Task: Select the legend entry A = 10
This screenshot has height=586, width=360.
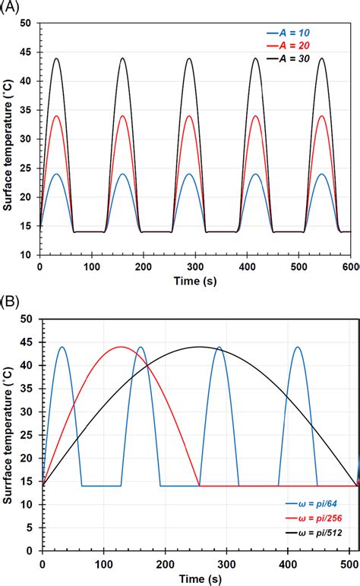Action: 298,33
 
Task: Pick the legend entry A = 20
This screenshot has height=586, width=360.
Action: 298,46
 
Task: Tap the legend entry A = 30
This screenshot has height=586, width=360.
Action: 298,58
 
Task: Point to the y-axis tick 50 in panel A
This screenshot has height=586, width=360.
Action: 30,24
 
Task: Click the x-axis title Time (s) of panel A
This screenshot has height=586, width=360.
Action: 194,282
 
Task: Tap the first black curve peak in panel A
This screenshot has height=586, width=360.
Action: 56,58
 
